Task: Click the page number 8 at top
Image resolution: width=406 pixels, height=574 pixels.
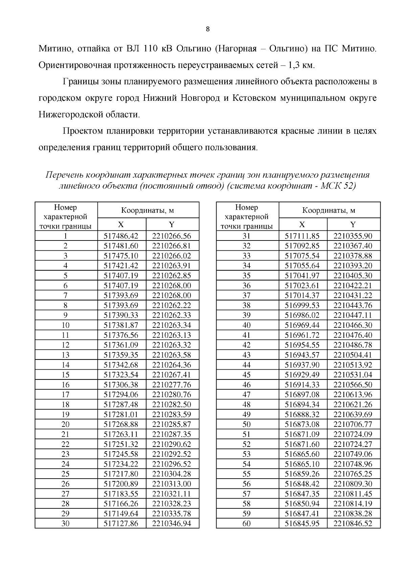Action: (208, 29)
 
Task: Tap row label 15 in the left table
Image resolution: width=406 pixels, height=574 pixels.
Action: (66, 375)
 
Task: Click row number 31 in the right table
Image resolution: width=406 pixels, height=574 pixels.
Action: (247, 236)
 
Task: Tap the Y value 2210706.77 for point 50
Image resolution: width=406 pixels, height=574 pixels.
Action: (353, 424)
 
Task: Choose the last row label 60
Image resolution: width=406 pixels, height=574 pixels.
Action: (247, 524)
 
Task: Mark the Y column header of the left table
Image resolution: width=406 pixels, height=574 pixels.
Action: (172, 225)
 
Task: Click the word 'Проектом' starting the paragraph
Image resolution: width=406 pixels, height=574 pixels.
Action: (83, 131)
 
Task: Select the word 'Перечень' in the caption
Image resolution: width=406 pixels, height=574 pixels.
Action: (64, 175)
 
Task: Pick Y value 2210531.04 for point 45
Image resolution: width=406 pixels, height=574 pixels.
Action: (353, 375)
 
